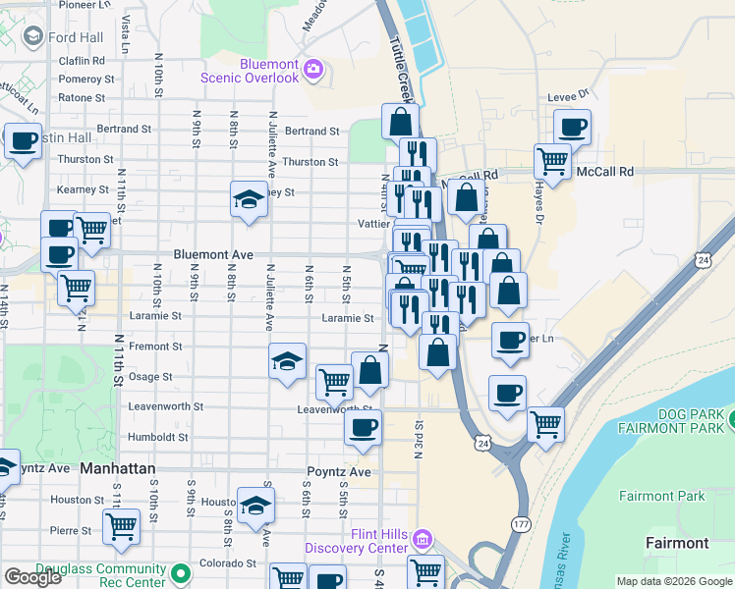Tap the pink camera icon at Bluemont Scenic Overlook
click(313, 69)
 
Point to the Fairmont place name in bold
click(677, 543)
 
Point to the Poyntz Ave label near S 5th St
click(339, 471)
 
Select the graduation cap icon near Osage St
click(287, 360)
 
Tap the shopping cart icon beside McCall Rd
click(553, 159)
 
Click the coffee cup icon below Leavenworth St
click(364, 426)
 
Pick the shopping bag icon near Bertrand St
click(400, 123)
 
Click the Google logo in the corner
click(32, 577)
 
